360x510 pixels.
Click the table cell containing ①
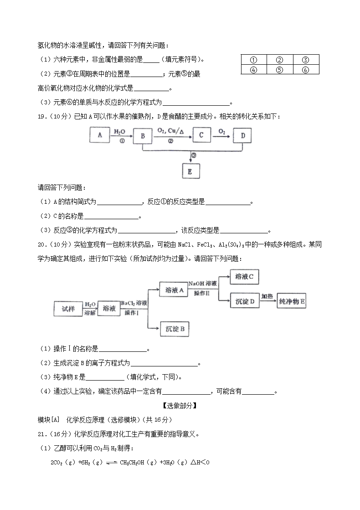pyautogui.click(x=254, y=60)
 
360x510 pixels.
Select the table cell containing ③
pyautogui.click(x=306, y=60)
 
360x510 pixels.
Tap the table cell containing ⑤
pyautogui.click(x=280, y=70)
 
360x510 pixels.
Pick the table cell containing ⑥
pyautogui.click(x=306, y=70)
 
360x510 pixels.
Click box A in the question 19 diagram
pyautogui.click(x=100, y=134)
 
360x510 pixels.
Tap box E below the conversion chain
pyautogui.click(x=190, y=171)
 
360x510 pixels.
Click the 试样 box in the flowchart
pyautogui.click(x=68, y=309)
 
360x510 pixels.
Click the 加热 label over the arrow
pyautogui.click(x=267, y=296)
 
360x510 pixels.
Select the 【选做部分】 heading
pyautogui.click(x=180, y=405)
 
